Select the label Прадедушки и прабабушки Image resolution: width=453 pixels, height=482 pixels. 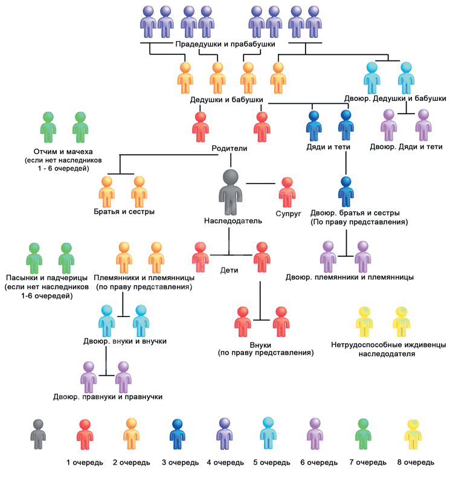click(225, 45)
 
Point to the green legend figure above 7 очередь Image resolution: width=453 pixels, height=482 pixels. click(363, 433)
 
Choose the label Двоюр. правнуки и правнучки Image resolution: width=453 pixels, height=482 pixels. click(108, 397)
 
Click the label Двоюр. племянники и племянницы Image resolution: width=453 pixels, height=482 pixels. click(349, 277)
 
